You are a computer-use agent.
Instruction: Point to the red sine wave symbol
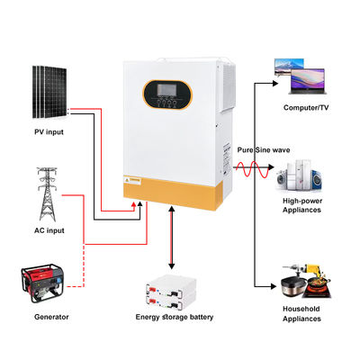coord(251,168)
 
